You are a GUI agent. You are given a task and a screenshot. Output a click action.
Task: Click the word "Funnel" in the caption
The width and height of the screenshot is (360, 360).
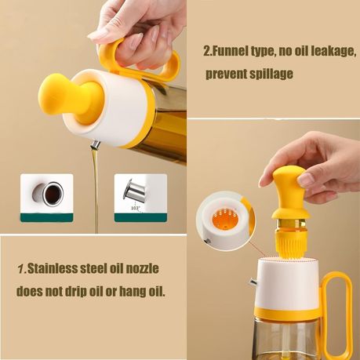point(229,51)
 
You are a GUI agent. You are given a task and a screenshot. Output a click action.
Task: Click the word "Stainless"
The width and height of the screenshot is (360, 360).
point(53,268)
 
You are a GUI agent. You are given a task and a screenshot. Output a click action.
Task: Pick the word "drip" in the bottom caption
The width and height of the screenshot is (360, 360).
point(75,291)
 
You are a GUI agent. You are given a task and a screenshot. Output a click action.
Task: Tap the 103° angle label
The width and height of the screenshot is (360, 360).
point(136,209)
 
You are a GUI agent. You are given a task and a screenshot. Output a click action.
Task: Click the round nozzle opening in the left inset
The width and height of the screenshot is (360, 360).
point(53,194)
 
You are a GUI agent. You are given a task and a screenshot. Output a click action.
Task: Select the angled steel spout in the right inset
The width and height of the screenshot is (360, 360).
point(134,190)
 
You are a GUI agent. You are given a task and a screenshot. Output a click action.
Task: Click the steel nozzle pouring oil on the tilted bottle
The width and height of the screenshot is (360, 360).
point(96,144)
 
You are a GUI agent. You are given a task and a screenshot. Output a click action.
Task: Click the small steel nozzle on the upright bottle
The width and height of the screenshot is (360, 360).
point(253,282)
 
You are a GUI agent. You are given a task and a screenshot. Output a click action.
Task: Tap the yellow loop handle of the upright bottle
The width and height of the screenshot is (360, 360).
point(338,314)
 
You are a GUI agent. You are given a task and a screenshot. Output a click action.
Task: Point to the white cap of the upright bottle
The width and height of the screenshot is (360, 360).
point(287,283)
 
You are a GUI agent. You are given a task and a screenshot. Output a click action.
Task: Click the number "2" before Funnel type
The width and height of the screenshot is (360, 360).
point(206,51)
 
